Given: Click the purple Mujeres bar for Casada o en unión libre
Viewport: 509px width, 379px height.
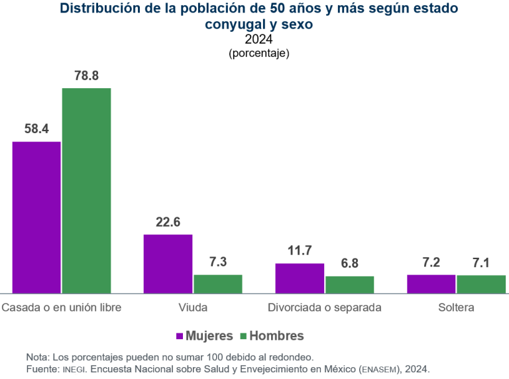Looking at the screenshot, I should click(36, 217).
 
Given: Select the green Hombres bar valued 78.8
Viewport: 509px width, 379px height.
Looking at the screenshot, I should click(86, 191).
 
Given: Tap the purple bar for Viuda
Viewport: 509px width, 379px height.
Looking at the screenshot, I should click(168, 264).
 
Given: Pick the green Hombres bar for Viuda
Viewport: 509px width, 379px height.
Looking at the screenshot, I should click(218, 284).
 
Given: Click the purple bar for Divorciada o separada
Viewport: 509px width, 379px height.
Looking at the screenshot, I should click(300, 278).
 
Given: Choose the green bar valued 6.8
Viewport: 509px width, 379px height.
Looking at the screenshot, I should click(349, 285).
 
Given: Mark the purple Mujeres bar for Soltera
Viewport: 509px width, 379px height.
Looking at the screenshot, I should click(431, 284).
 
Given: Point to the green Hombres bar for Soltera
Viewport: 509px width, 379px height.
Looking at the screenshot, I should click(481, 284).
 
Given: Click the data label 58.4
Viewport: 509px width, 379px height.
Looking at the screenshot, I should click(36, 129).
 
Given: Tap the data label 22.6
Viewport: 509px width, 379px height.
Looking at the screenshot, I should click(168, 222).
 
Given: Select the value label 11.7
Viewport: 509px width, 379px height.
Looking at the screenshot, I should click(300, 250).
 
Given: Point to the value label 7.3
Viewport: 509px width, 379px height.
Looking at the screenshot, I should click(218, 262).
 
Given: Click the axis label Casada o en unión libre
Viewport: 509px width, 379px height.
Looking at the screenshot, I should click(62, 307).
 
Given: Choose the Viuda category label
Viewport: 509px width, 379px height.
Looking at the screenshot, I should click(193, 307).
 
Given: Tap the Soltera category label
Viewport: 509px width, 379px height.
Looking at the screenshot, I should click(456, 307).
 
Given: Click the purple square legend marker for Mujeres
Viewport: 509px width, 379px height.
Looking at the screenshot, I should click(180, 336).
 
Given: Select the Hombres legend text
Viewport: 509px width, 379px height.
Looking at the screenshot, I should click(276, 336).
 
